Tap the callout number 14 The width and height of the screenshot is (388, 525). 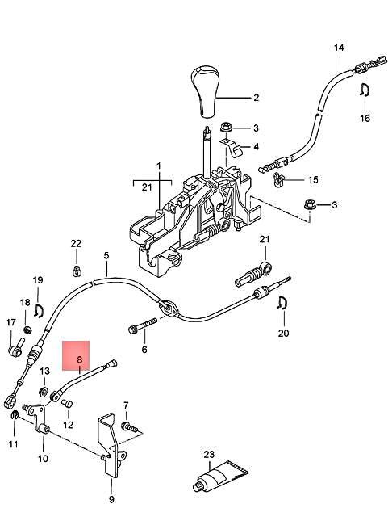[x=339, y=48]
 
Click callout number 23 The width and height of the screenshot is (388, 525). [x=209, y=454]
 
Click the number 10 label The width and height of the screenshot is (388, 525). [x=43, y=458]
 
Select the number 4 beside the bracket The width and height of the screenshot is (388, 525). [x=256, y=147]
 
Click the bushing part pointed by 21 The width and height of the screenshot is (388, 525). [x=254, y=275]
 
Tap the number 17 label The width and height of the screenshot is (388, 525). [x=10, y=323]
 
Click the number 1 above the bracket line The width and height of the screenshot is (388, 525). [x=159, y=166]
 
